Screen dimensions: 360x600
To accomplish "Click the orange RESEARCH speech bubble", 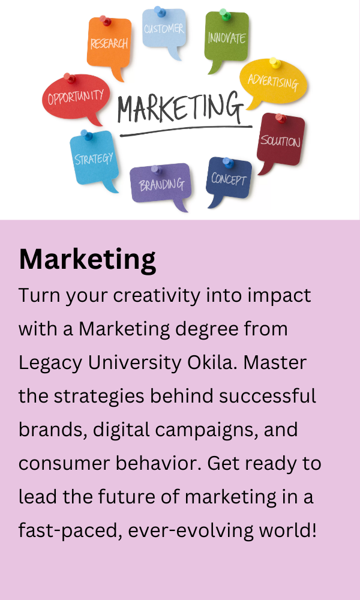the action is click(109, 44).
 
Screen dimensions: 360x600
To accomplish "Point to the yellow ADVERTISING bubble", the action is click(273, 82).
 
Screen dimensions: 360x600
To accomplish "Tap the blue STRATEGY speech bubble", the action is click(94, 158).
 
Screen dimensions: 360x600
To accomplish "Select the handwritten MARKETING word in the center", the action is click(181, 107).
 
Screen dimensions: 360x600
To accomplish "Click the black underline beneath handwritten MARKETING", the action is click(186, 130).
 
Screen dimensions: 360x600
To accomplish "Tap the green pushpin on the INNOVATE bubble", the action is click(224, 14).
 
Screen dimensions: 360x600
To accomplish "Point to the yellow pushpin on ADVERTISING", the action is click(274, 62).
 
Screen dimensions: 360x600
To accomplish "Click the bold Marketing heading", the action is click(87, 260).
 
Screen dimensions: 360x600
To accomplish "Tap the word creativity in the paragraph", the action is click(157, 296).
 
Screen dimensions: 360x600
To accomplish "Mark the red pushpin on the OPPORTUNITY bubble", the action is click(69, 79).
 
